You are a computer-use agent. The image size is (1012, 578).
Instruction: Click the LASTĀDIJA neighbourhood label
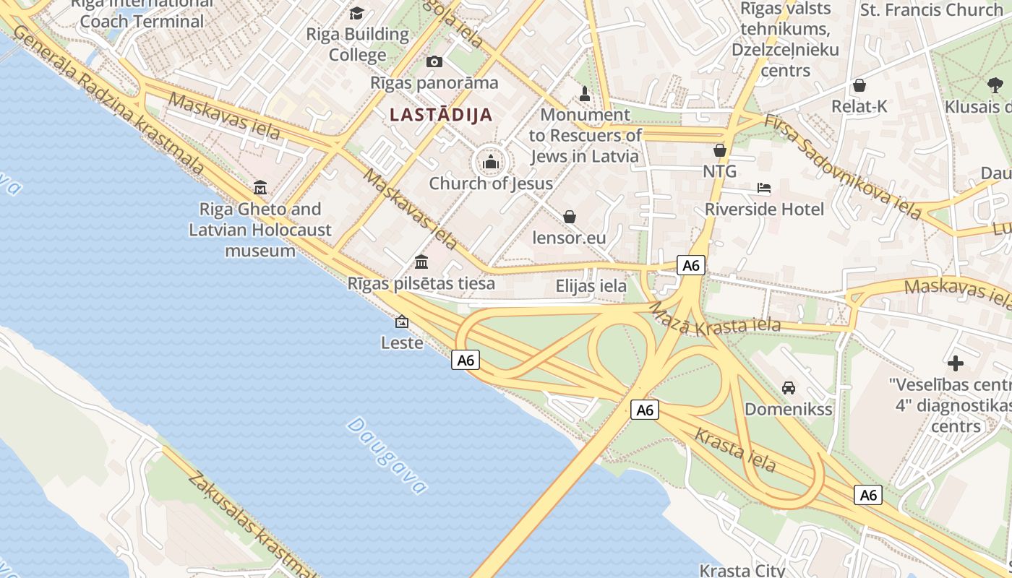click(x=441, y=114)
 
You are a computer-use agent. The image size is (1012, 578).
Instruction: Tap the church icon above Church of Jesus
click(x=492, y=161)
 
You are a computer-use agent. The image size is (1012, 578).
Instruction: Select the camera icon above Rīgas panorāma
click(x=434, y=61)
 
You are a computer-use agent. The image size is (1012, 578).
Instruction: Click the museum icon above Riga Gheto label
click(x=260, y=188)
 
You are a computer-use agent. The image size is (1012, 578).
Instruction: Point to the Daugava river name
click(x=387, y=455)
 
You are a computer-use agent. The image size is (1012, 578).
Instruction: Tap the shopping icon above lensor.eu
click(x=570, y=217)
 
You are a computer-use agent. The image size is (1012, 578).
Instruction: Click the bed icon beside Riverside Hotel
click(x=764, y=189)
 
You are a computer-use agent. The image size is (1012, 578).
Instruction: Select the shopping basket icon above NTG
click(x=720, y=150)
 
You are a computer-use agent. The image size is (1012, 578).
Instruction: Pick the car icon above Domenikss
click(x=789, y=388)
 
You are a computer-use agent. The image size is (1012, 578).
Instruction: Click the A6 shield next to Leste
click(x=466, y=360)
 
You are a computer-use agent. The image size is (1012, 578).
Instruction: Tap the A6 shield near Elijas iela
click(x=691, y=265)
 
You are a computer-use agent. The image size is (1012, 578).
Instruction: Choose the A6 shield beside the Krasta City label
click(x=868, y=495)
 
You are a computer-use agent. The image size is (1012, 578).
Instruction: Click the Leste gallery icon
click(x=402, y=322)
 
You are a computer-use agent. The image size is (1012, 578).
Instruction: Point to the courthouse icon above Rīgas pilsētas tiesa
click(x=421, y=262)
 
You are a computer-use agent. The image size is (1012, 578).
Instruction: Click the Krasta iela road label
click(x=735, y=449)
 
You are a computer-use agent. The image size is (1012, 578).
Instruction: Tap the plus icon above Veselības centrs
click(x=956, y=363)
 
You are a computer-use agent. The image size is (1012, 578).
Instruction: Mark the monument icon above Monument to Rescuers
click(x=586, y=94)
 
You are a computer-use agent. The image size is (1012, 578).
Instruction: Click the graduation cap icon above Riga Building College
click(x=357, y=13)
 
